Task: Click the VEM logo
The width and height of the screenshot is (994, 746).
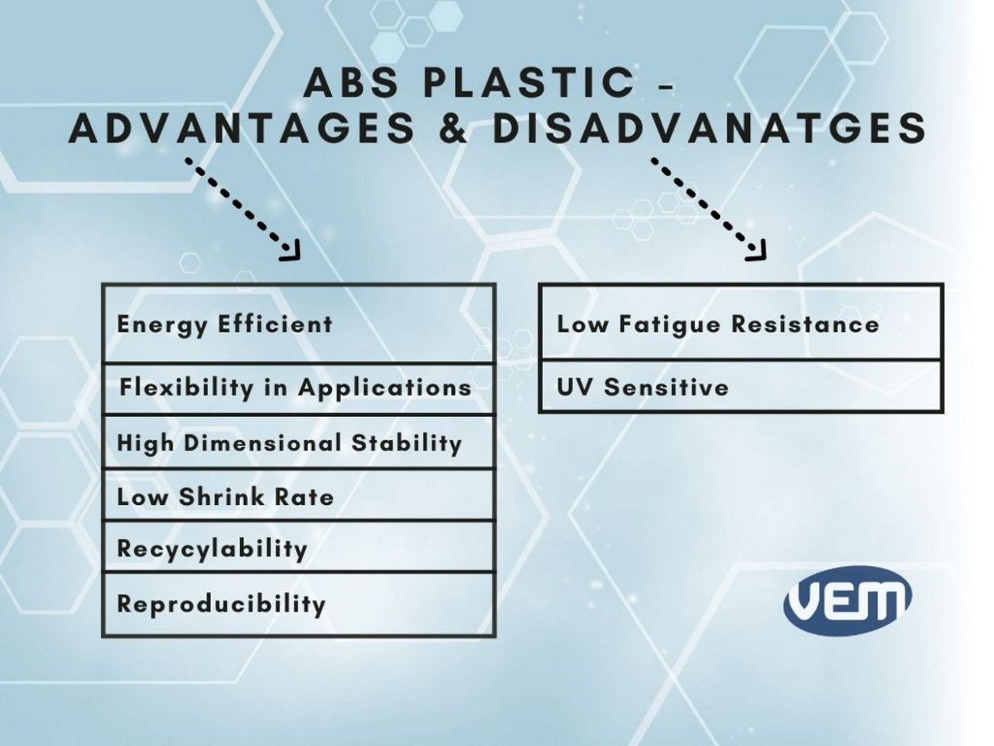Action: click(847, 600)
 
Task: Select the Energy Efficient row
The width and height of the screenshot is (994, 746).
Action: click(299, 324)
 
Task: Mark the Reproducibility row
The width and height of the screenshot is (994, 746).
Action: click(299, 604)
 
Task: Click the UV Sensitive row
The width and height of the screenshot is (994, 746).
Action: click(741, 386)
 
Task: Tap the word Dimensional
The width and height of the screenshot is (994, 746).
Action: click(263, 442)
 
